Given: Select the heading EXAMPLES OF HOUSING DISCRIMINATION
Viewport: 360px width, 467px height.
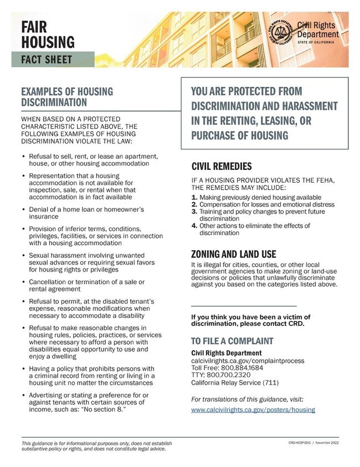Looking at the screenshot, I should (x=66, y=97).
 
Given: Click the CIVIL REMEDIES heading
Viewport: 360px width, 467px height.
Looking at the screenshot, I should (x=222, y=167).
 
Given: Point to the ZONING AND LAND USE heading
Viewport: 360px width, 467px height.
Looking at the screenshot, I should (x=233, y=254).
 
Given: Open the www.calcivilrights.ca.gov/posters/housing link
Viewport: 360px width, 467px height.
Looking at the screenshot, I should (x=253, y=409).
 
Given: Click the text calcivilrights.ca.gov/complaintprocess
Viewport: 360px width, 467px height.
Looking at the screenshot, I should (x=247, y=360).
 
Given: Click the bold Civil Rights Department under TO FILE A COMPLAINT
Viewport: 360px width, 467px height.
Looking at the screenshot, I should (x=227, y=353).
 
